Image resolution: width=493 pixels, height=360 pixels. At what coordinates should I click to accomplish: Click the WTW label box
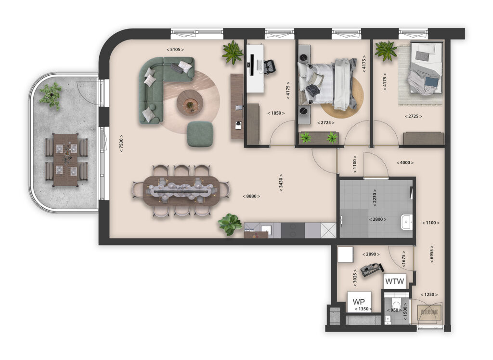[394, 280]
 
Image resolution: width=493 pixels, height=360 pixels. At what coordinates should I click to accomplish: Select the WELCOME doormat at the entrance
[429, 312]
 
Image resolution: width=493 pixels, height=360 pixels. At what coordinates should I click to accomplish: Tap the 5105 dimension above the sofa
[175, 49]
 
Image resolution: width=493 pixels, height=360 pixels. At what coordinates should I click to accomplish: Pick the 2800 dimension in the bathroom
[378, 219]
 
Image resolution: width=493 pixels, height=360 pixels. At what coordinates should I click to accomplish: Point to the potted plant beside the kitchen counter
[230, 224]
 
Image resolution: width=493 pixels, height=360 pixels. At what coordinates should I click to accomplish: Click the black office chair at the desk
[268, 66]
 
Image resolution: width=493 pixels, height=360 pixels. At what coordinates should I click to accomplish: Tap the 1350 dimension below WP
[363, 309]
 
